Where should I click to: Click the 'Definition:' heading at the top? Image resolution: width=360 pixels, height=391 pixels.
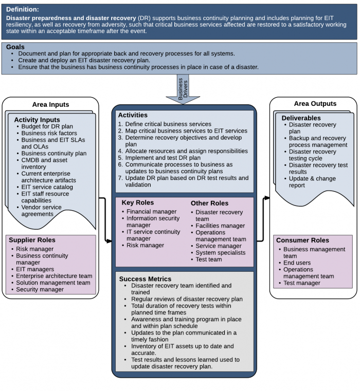[x=23, y=9]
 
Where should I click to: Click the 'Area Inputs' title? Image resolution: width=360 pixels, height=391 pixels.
[x=50, y=104]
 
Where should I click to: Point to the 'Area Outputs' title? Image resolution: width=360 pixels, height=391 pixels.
[x=315, y=103]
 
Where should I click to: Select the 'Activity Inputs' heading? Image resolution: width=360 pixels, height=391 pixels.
[x=37, y=120]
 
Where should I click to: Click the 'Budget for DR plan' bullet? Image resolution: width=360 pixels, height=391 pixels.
[x=47, y=126]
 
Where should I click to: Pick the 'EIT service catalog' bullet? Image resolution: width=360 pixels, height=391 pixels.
[x=47, y=187]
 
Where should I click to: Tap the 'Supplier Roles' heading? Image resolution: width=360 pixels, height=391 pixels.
[x=32, y=240]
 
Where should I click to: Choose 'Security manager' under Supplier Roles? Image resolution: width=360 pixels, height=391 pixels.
[x=40, y=289]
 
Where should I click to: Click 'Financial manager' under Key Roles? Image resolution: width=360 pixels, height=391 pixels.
[x=152, y=212]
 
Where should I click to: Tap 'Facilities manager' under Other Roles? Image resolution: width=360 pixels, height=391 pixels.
[x=220, y=226]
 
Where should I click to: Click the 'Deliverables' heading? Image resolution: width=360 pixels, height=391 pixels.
[x=301, y=118]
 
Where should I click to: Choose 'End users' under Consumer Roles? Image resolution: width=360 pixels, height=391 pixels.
[x=297, y=263]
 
